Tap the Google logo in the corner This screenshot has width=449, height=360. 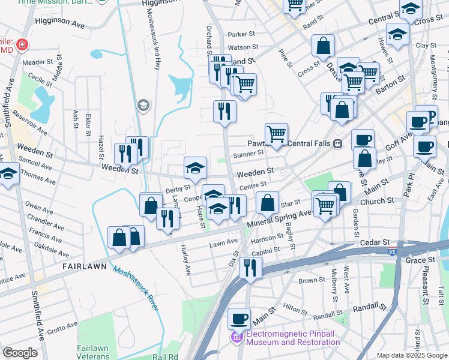[x=20, y=353]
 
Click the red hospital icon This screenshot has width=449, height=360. [x=22, y=44]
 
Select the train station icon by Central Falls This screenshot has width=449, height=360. [x=338, y=143]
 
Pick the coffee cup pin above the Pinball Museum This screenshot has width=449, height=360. [x=239, y=317]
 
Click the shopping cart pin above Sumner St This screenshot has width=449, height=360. [x=276, y=133]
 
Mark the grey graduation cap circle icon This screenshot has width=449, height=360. [x=143, y=106]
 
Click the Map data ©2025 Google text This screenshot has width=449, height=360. [x=411, y=355]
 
